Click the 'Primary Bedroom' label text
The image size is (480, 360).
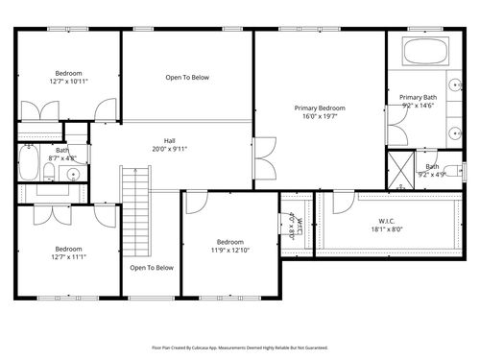[319, 108]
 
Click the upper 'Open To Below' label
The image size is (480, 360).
[186, 78]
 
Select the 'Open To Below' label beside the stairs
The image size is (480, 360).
[152, 268]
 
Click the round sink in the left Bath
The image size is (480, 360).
[73, 174]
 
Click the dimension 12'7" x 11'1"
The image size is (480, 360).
[68, 256]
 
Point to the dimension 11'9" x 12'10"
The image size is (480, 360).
[229, 251]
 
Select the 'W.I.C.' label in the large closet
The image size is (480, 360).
[386, 220]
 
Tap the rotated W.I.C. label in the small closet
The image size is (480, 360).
[299, 228]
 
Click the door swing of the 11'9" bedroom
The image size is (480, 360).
[196, 203]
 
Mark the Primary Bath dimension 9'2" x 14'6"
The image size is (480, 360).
[418, 107]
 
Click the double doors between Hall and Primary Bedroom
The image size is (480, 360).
[259, 158]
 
